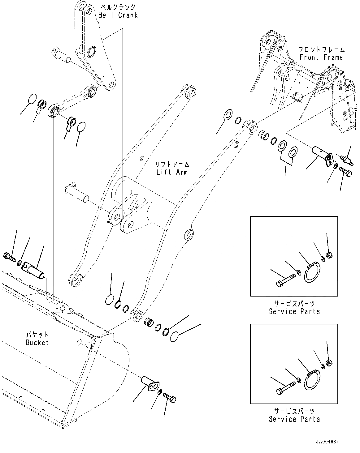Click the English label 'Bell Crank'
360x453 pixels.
pos(118,15)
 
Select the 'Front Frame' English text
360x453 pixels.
pos(321,57)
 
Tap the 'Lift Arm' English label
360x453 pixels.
pos(172,172)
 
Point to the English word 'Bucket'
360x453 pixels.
pos(37,342)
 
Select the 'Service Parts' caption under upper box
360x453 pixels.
pos(294,311)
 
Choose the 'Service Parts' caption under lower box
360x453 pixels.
pos(294,419)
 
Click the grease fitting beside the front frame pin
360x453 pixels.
pos(346,160)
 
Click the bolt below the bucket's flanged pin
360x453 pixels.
pos(170,399)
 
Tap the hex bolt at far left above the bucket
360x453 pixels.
pos(9,257)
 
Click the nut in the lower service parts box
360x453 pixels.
pos(330,362)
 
